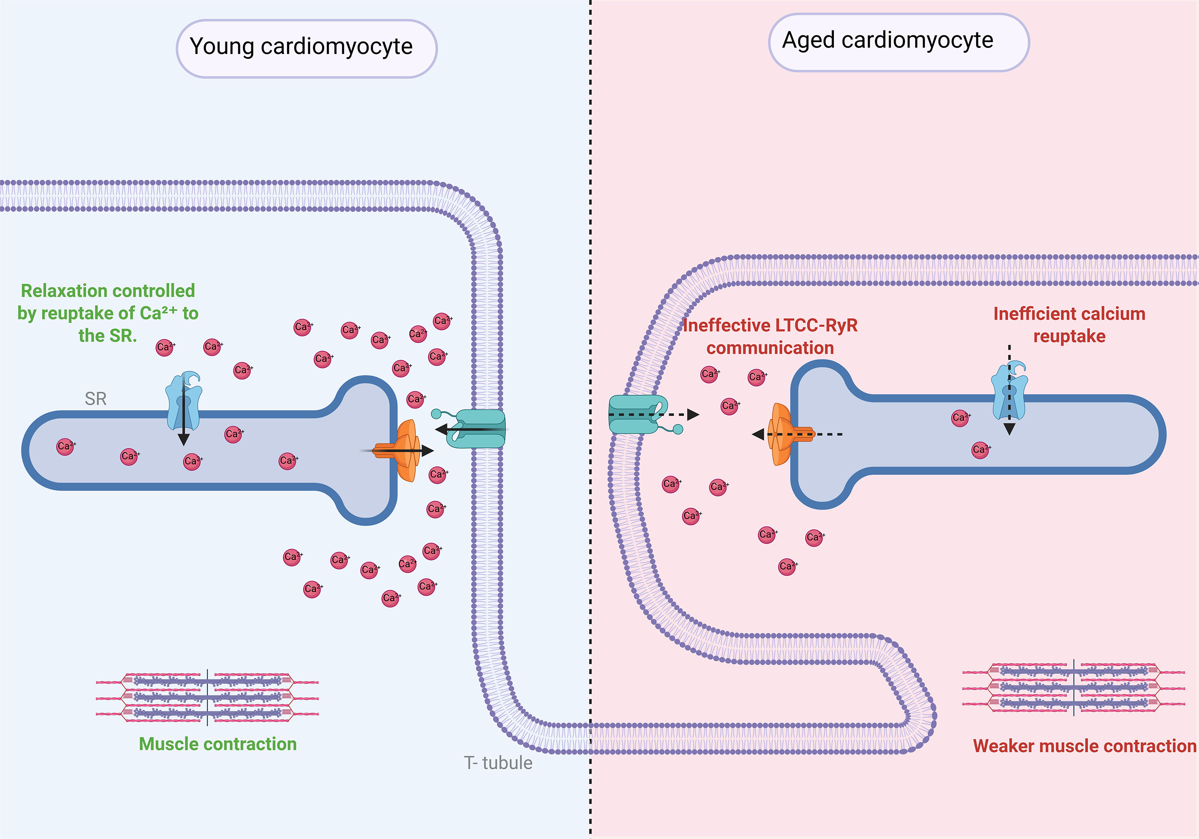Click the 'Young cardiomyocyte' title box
307,49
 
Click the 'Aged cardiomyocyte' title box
898,42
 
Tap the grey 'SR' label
95,399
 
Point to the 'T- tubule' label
498,763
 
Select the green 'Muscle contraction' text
218,744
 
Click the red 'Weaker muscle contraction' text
1084,746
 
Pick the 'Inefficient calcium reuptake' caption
1069,325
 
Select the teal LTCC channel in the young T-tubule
478,429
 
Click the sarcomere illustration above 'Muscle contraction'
207,697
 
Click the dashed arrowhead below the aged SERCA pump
1009,429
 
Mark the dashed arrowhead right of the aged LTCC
693,415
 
